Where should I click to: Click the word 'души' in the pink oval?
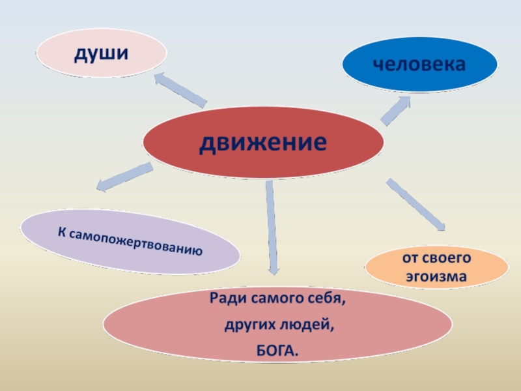(100, 54)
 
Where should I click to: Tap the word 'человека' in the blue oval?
(419, 64)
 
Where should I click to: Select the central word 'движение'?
(262, 141)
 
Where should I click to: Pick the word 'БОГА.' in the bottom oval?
(277, 352)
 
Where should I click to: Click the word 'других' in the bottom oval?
(247, 326)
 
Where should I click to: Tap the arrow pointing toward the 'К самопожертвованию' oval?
(124, 177)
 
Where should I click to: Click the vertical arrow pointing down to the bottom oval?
(271, 225)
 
